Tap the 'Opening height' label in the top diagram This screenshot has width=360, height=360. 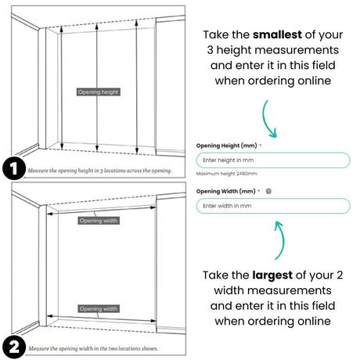[x=98, y=92]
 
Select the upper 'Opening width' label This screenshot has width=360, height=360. [x=99, y=221]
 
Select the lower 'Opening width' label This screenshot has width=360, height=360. [x=99, y=308]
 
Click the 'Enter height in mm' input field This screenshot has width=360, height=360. [x=272, y=160]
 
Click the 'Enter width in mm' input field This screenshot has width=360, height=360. [x=272, y=206]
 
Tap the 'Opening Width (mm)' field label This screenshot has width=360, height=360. [x=225, y=191]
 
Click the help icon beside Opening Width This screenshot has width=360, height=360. [x=268, y=191]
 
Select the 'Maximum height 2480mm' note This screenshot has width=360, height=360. [x=226, y=174]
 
